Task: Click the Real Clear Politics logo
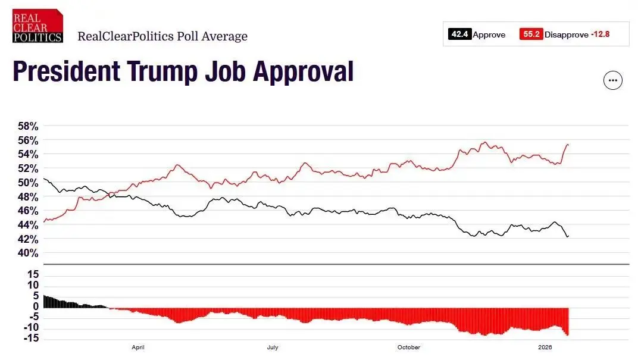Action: tap(37, 26)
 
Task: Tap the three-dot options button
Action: tap(613, 80)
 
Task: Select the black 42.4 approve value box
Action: tap(459, 35)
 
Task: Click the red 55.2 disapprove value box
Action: tap(530, 35)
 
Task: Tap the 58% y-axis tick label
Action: tap(27, 126)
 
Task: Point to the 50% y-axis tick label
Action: tap(27, 183)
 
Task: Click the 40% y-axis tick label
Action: tap(27, 253)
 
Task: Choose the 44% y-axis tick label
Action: tap(27, 225)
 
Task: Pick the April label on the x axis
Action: tap(138, 348)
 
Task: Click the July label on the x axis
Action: tap(273, 348)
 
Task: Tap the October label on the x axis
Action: tap(408, 348)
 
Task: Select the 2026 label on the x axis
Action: tap(545, 348)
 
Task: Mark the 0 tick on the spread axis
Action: tap(36, 306)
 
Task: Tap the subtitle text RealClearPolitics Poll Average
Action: tap(162, 36)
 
